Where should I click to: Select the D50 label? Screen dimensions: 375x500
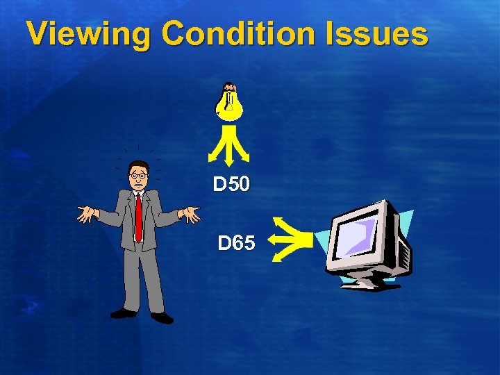click(230, 185)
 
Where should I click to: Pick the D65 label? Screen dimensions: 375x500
click(236, 244)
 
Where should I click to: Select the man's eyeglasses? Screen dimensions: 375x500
click(138, 176)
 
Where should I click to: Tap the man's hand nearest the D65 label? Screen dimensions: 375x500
click(190, 215)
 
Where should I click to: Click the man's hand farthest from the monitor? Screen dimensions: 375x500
click(88, 215)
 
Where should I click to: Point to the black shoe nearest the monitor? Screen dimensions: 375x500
click(162, 317)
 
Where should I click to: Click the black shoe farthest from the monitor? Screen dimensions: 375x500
click(124, 313)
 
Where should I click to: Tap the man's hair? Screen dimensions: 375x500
click(138, 165)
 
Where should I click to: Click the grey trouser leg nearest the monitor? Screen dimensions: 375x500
click(153, 281)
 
